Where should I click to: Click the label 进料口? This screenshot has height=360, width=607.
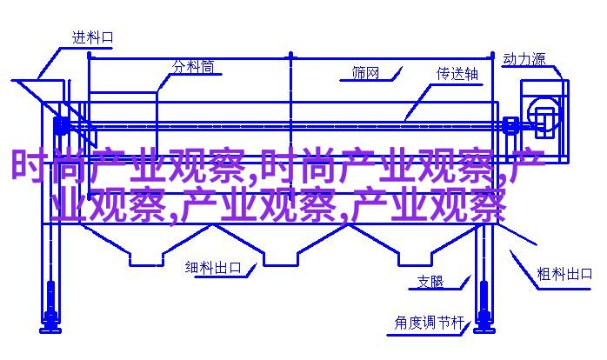pos(92,37)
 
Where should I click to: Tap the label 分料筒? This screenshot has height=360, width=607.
pos(193,67)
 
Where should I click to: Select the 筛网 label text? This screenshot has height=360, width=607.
pos(365,73)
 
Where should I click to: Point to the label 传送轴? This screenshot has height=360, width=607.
pos(457,74)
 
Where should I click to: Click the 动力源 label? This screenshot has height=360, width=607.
pos(524,59)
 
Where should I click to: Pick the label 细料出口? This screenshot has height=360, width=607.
pos(213,267)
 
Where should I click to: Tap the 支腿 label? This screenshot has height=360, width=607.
pos(430,282)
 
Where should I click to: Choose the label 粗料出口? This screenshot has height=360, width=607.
pos(564,274)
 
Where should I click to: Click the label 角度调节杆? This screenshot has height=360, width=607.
pos(430,323)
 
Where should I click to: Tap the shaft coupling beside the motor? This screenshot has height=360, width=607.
pos(510,125)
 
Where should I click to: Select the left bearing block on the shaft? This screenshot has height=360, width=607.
pos(62,125)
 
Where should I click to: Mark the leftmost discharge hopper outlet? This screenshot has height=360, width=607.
pos(146,259)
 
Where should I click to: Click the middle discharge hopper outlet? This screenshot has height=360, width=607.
pos(281,259)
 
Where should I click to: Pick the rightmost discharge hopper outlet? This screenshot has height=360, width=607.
pos(415,259)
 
